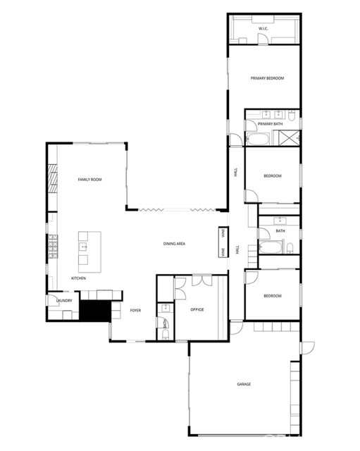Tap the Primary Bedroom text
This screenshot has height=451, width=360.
pyautogui.click(x=267, y=78)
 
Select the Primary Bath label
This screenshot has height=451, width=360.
pyautogui.click(x=270, y=124)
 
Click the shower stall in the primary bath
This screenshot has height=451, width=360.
pyautogui.click(x=289, y=137)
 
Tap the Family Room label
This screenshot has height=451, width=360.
pyautogui.click(x=90, y=180)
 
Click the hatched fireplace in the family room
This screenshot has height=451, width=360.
pyautogui.click(x=51, y=179)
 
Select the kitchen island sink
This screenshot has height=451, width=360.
pyautogui.click(x=83, y=247)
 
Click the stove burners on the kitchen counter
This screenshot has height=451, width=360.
pyautogui.click(x=51, y=247)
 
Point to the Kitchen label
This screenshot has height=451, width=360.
pyautogui.click(x=78, y=279)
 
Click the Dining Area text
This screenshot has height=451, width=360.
pyautogui.click(x=174, y=244)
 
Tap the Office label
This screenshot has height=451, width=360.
pyautogui.click(x=197, y=309)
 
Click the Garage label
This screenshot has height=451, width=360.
pyautogui.click(x=244, y=384)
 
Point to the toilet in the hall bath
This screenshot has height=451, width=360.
pyautogui.click(x=289, y=247)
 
